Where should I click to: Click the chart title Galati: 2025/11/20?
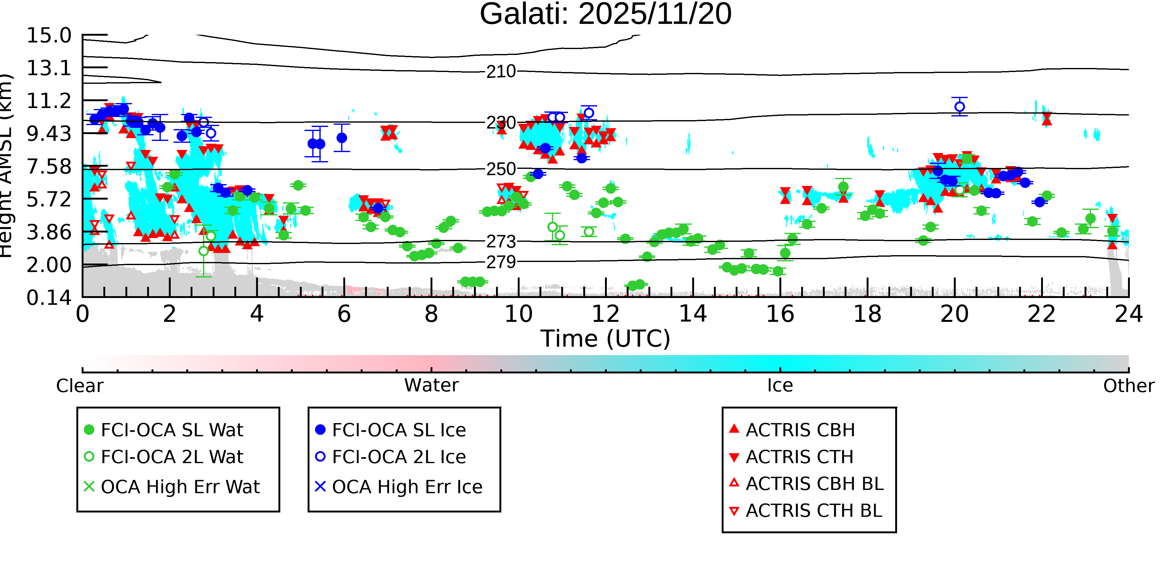click(606, 15)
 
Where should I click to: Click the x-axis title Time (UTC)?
click(606, 339)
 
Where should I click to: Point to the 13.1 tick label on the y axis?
click(49, 68)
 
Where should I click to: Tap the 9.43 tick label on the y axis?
click(49, 134)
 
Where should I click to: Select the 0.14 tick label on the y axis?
click(49, 298)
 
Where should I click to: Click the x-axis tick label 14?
click(693, 314)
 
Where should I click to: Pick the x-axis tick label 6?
click(344, 314)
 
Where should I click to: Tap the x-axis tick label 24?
click(1129, 314)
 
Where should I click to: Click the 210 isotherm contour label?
click(501, 71)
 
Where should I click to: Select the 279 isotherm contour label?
click(501, 262)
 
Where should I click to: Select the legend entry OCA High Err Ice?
click(399, 487)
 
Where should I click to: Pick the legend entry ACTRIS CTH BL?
click(806, 511)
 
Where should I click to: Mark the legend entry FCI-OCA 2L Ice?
click(390, 457)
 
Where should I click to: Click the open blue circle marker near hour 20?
click(960, 107)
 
